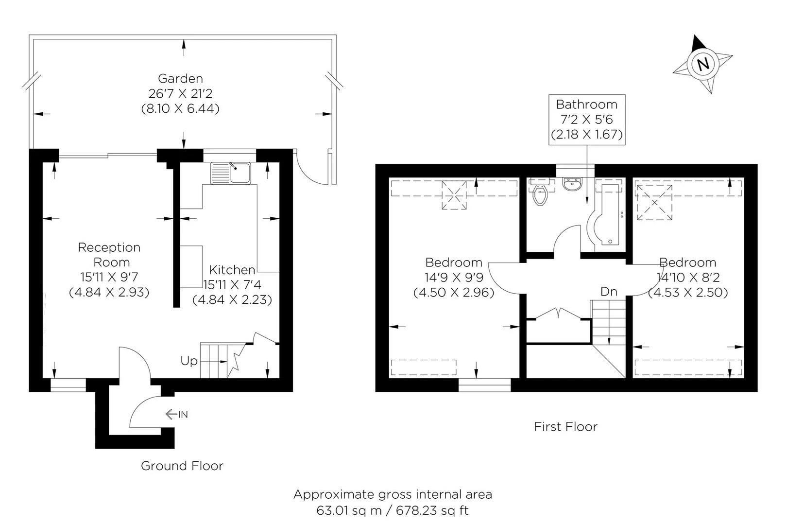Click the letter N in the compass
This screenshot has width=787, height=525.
703,65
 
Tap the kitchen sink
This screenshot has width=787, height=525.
230,173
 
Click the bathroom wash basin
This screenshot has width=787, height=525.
572,184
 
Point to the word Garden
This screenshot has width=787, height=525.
180,78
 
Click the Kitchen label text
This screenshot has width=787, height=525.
232,270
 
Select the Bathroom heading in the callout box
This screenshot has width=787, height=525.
587,105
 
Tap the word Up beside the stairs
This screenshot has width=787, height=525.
189,361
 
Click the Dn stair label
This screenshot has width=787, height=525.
609,292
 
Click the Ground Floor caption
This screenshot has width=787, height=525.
182,466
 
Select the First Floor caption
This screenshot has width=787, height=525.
565,426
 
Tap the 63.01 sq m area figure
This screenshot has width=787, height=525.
349,510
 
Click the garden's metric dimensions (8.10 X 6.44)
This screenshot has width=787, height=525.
180,108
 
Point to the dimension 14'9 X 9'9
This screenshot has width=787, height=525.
454,278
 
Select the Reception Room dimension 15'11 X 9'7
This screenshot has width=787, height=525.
109,277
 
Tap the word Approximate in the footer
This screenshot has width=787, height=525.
334,495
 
